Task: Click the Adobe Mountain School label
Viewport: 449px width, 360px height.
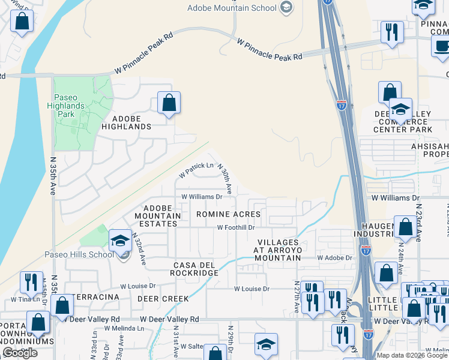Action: pos(232,8)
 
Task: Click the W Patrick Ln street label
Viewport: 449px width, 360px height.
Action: pos(196,170)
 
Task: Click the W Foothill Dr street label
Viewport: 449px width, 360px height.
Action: pos(236,228)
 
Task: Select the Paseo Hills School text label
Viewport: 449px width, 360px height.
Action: pos(79,254)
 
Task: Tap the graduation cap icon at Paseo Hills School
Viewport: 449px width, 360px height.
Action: pos(120,241)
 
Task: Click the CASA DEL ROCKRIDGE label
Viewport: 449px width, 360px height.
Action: pos(196,269)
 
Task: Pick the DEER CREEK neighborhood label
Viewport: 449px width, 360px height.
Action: pos(163,298)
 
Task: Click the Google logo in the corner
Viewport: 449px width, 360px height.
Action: pos(20,353)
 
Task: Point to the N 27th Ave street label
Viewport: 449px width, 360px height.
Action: pos(297,297)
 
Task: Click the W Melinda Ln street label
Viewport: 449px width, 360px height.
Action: pos(125,328)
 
